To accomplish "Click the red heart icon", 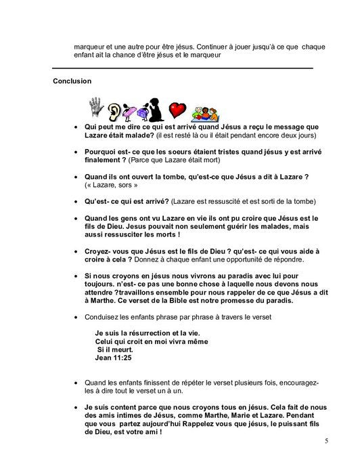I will (x=177, y=109).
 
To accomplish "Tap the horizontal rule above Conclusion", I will (x=183, y=68).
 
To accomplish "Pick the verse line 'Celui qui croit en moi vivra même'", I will (x=147, y=343).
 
